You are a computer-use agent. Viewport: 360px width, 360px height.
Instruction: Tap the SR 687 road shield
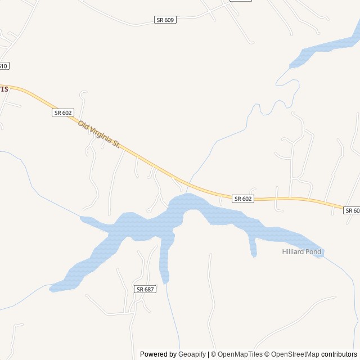145,289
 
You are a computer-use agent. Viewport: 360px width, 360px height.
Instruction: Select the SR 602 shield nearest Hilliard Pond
243,199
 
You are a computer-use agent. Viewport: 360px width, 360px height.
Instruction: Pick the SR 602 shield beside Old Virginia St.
63,112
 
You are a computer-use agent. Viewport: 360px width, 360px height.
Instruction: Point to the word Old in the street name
83,124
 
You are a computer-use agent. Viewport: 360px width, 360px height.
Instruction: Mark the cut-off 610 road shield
3,66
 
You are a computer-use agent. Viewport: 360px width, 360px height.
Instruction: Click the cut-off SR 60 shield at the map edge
352,210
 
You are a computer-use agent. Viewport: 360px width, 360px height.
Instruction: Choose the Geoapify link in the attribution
192,354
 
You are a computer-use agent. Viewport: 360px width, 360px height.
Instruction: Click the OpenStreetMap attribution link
293,354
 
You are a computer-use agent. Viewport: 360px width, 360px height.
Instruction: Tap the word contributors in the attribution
339,354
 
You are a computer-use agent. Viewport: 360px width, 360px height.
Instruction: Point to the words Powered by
158,354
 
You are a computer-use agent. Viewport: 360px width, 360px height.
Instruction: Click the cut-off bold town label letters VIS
4,89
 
